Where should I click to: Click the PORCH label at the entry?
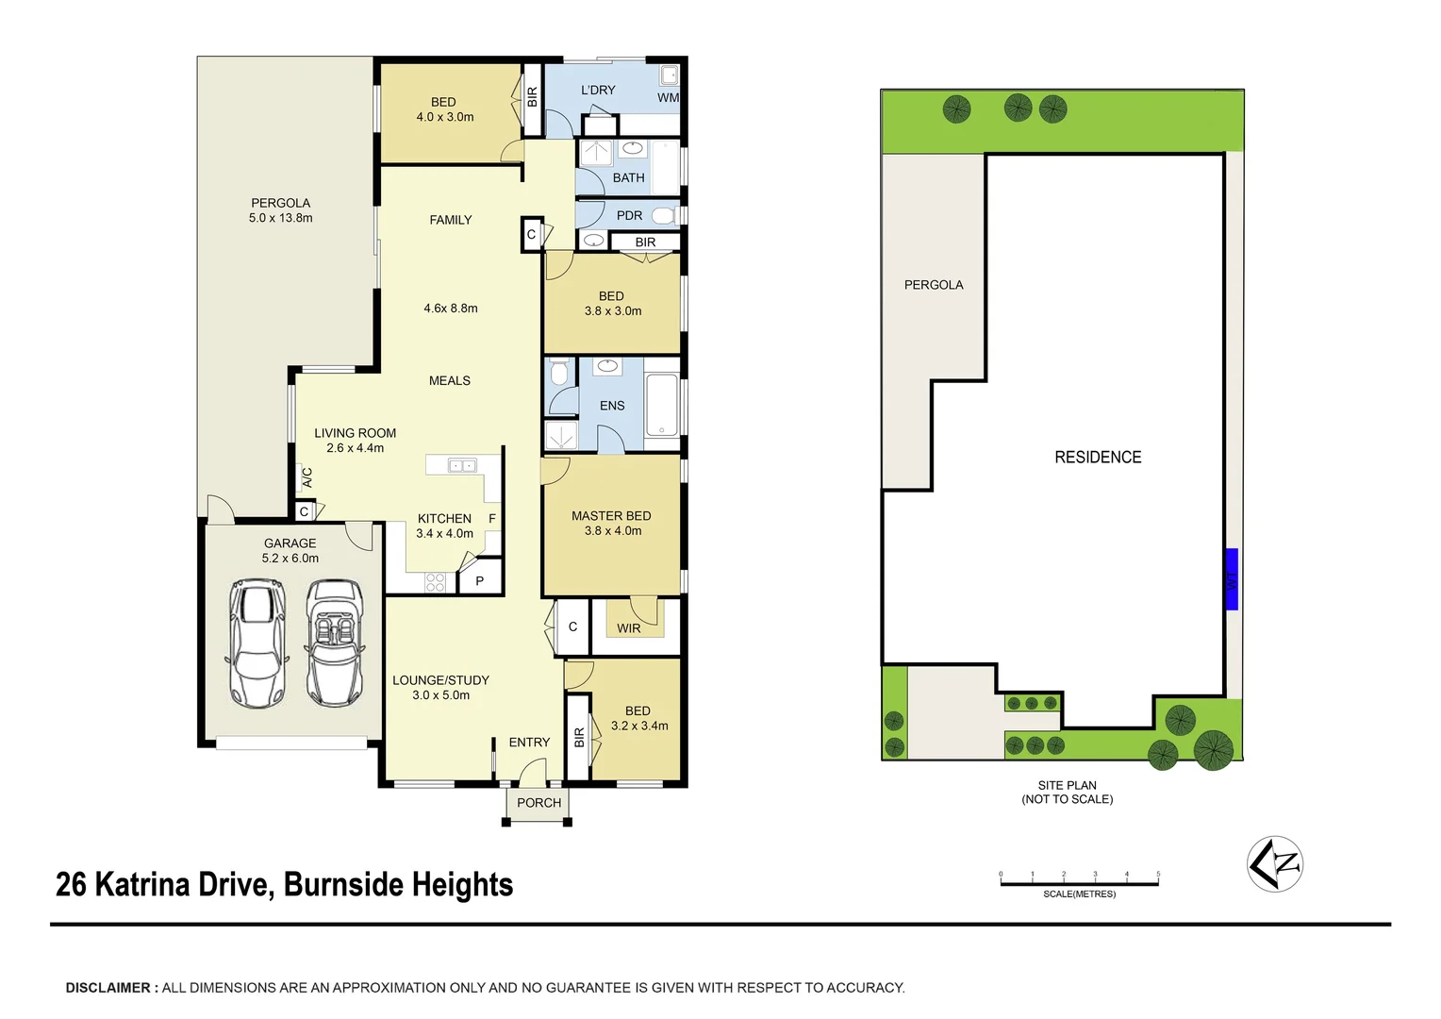point(538,803)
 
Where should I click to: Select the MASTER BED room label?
point(611,516)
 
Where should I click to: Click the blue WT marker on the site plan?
point(1231,579)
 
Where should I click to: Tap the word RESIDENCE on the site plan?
point(1098,458)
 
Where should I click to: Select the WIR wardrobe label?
point(628,628)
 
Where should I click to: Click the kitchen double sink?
point(462,465)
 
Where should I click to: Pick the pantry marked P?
point(480,581)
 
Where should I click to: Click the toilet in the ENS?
point(559,373)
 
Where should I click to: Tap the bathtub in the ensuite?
point(662,405)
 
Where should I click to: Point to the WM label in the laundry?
point(668,98)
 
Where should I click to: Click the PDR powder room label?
point(629,216)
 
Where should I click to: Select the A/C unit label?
point(306,478)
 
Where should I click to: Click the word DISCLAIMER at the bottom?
point(108,988)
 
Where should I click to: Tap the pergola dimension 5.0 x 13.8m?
point(280,218)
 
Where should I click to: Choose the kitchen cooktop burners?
point(435,582)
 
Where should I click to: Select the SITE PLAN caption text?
point(1067,785)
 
